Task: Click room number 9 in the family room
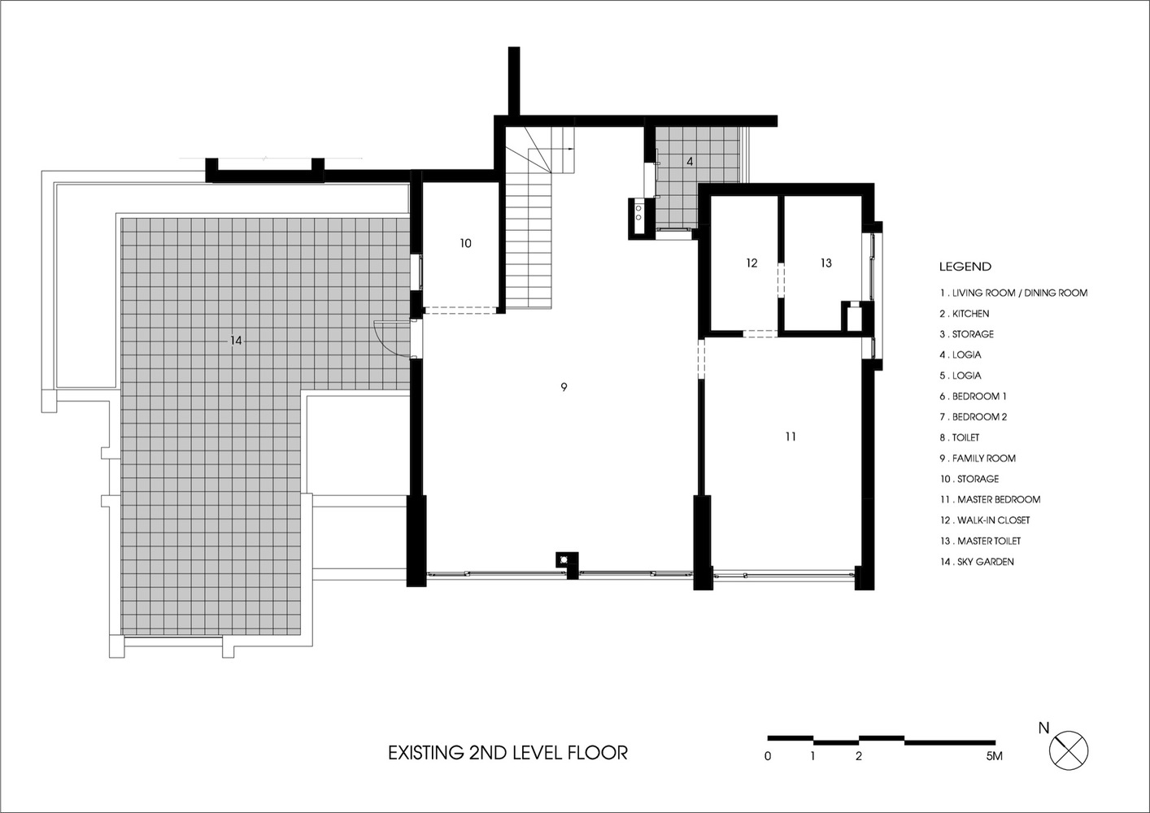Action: [564, 387]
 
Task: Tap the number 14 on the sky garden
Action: [236, 341]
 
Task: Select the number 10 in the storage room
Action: [466, 243]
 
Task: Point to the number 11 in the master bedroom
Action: [791, 437]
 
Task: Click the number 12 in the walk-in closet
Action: [751, 263]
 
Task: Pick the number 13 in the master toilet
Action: [826, 263]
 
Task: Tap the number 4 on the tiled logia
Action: [690, 161]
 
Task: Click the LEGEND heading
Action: [965, 267]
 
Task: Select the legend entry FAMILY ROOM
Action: [984, 459]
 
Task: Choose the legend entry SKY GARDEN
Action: [986, 562]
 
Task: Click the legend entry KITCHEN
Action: [971, 314]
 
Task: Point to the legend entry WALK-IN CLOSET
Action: [993, 520]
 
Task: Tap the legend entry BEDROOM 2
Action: [979, 417]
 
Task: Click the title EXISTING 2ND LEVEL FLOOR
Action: [507, 753]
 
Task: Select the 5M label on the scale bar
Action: [994, 756]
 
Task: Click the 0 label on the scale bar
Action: [768, 756]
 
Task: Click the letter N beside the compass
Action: [1043, 728]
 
